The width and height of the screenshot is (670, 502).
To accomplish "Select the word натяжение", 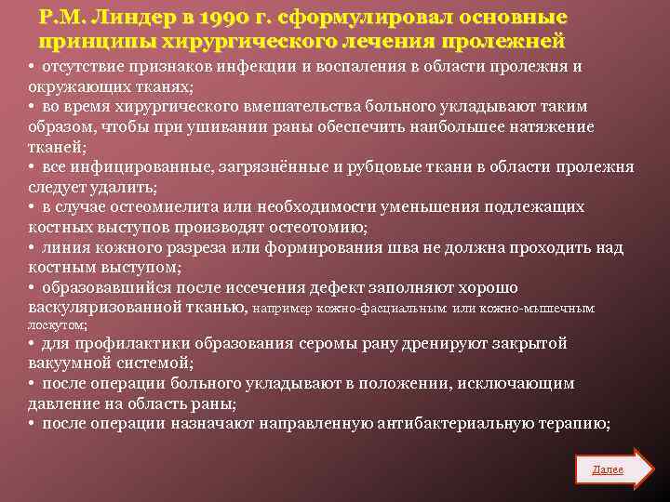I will (551, 127).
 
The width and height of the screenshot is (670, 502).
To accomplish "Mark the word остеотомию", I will (321, 227).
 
